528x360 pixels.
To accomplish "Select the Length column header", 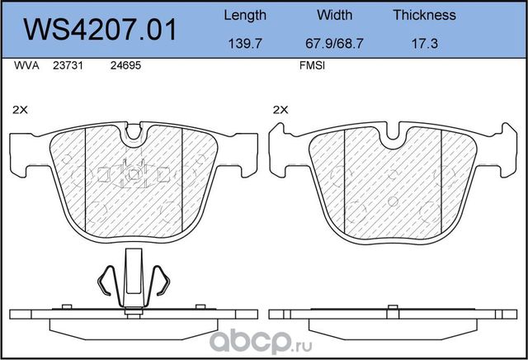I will point(245,15).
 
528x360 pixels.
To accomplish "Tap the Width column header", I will point(334,15).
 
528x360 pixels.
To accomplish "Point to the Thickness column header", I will point(424,15).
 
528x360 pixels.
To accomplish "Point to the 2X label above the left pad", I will point(21,109).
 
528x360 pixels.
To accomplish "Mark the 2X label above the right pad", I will point(280,109).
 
